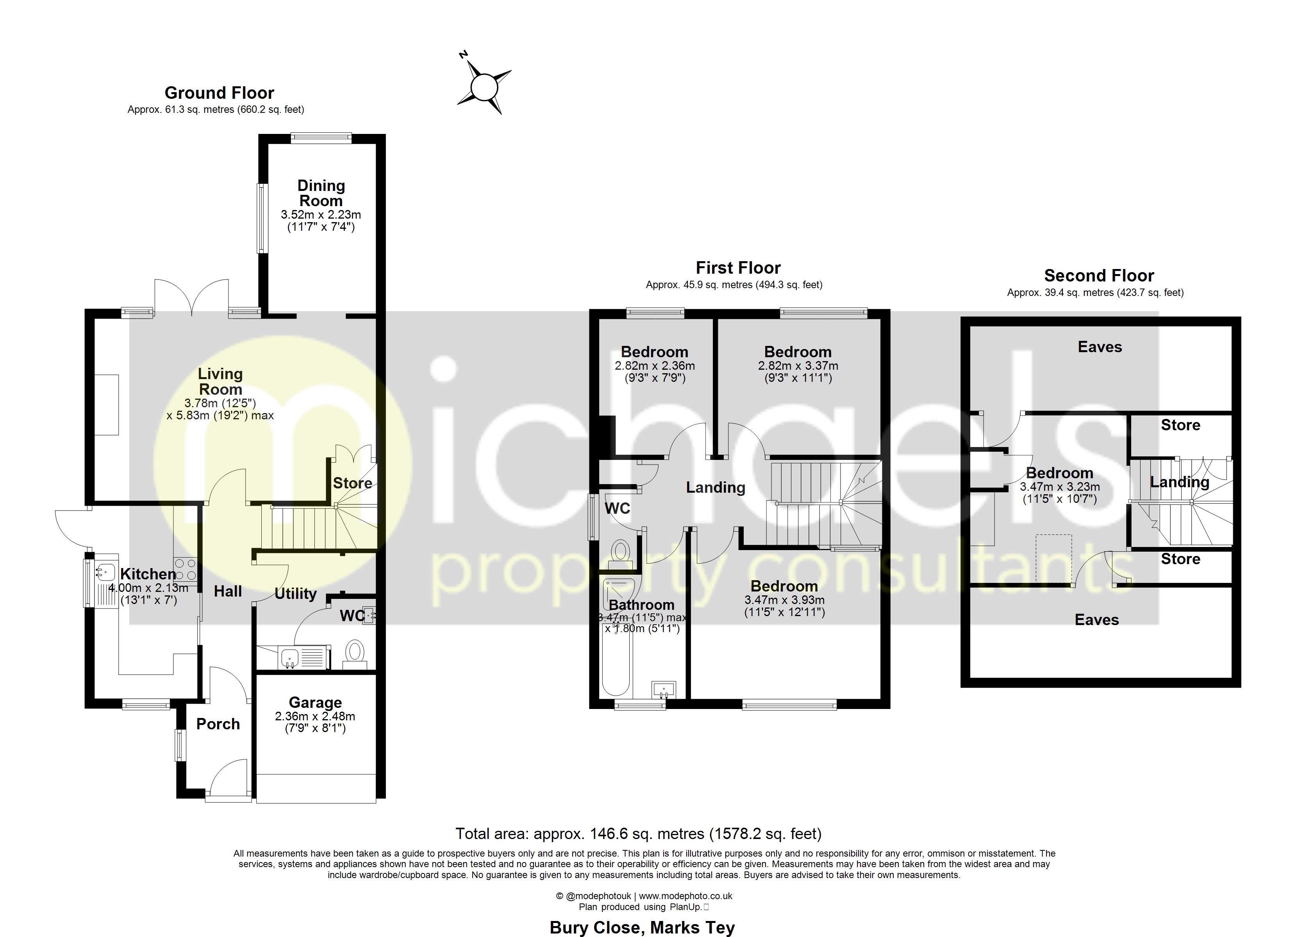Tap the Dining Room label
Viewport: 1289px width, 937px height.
click(321, 193)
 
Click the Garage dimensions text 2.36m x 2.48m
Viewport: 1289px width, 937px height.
click(315, 716)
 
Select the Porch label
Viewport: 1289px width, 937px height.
click(218, 724)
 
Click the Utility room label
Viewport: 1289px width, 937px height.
click(296, 594)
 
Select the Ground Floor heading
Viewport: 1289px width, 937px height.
click(220, 93)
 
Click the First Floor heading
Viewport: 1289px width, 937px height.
click(738, 268)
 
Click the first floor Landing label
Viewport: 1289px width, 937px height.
click(716, 488)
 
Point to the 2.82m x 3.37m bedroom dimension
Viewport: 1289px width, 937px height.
click(798, 366)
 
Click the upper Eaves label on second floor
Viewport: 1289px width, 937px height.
click(1100, 347)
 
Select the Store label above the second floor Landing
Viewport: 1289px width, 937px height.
click(1180, 425)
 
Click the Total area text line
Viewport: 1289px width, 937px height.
click(638, 834)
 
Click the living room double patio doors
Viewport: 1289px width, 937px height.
click(192, 297)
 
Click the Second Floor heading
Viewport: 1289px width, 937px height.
click(1099, 276)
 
